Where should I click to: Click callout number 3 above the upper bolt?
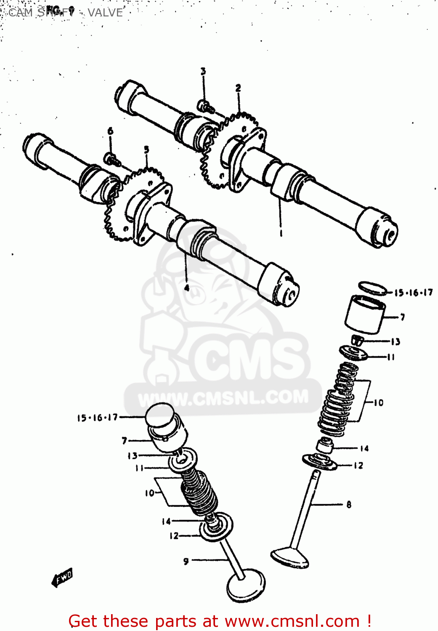(203, 72)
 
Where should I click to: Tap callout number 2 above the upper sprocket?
(238, 88)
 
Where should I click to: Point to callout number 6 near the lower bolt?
(110, 131)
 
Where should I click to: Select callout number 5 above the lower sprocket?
(146, 150)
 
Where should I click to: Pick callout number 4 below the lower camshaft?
(187, 288)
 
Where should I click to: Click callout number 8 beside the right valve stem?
(349, 504)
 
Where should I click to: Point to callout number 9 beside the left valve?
(186, 561)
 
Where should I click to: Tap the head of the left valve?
(246, 586)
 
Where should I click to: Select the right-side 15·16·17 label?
(413, 293)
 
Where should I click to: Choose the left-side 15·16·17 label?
(97, 418)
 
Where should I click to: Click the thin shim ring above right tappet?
(372, 288)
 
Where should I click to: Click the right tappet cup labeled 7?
(365, 314)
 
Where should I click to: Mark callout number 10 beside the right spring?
(379, 403)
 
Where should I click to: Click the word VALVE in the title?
(105, 13)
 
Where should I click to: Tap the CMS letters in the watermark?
(248, 360)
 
